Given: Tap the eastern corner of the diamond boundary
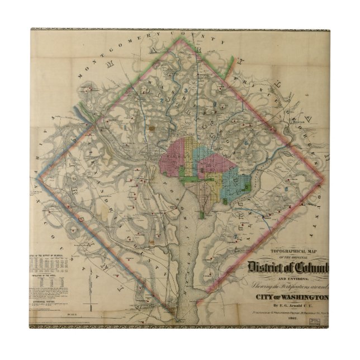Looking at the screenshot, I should coord(324,179).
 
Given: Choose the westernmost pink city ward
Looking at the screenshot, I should coord(173,159).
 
